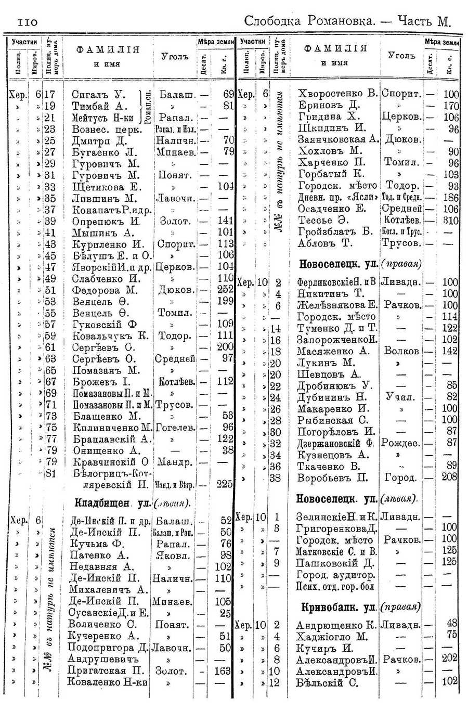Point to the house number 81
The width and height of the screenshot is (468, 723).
[50, 473]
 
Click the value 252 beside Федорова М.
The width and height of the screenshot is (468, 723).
[225, 290]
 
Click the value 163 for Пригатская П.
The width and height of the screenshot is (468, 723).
[223, 671]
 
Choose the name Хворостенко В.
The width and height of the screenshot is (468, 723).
[337, 94]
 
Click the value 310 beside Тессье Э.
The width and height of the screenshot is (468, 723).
[450, 220]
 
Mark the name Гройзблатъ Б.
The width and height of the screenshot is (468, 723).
[335, 231]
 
